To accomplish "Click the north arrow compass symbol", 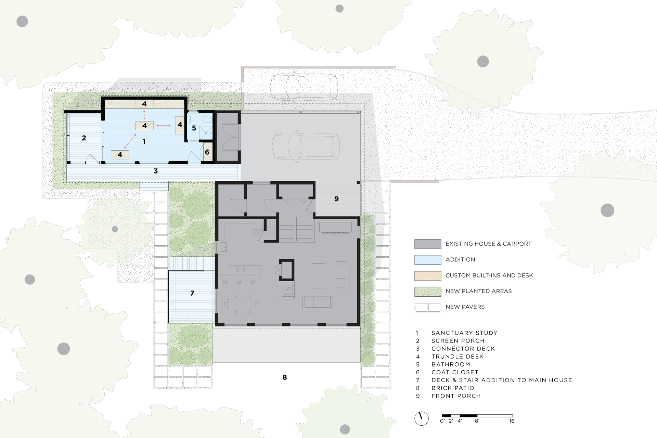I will click(422, 418).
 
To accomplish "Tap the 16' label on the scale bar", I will click(512, 421).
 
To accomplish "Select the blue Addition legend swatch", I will click(428, 260).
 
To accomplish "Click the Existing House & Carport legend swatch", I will click(428, 244).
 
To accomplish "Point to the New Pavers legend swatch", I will click(428, 307).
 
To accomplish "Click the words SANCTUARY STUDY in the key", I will click(464, 333).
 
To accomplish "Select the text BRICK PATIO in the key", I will click(453, 388).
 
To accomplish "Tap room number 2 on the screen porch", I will click(84, 138).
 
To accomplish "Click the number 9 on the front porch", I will click(336, 199).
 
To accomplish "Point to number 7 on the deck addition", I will click(192, 293).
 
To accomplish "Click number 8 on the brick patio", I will click(285, 377).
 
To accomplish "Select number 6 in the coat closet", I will click(207, 152).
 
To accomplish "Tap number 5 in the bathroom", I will click(194, 128).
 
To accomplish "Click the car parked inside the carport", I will click(306, 146).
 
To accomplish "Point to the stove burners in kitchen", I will click(241, 269).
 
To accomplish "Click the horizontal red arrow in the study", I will click(163, 126).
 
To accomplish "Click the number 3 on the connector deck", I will click(156, 171).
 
